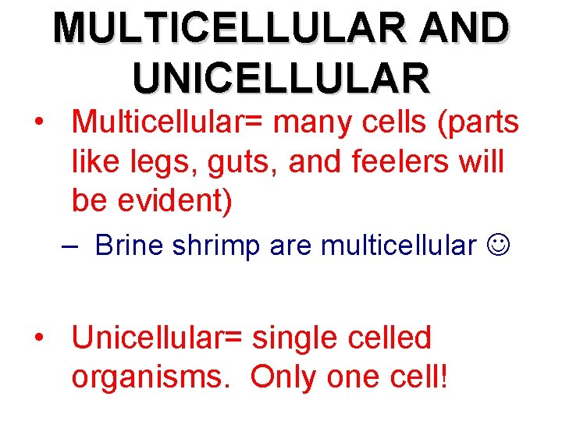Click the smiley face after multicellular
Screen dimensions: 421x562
[496, 246]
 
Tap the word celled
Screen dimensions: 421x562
[390, 338]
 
